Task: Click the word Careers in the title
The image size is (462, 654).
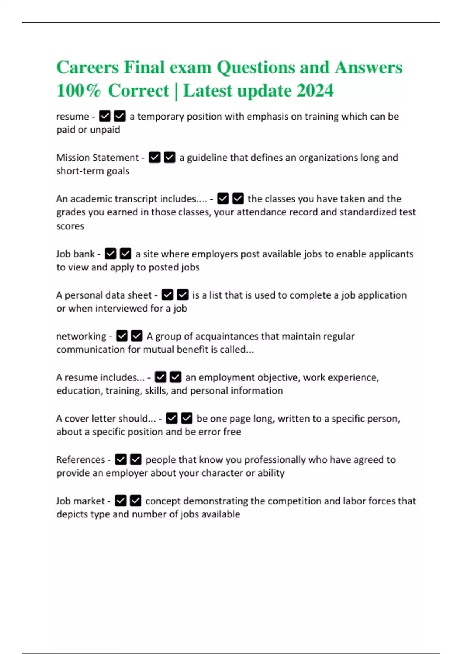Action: pos(87,67)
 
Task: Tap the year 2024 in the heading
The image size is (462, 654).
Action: pos(315,91)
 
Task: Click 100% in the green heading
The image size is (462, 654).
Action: pos(79,91)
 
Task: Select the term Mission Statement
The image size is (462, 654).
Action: pos(97,158)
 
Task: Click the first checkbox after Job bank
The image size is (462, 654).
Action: pos(110,254)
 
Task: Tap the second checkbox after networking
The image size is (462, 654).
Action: pos(137,336)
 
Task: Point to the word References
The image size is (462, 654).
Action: pos(80,460)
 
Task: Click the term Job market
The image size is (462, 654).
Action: pos(80,501)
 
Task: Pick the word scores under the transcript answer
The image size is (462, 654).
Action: pos(70,226)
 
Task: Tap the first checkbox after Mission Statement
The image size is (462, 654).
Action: pos(154,158)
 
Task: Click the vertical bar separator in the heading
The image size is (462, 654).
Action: pos(176,92)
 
